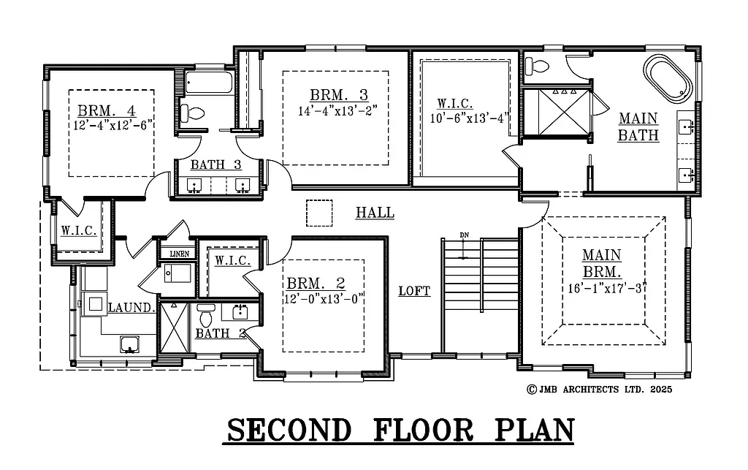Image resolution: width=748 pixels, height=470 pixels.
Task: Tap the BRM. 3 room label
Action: (x=338, y=95)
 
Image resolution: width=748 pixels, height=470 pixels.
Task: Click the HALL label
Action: (x=375, y=213)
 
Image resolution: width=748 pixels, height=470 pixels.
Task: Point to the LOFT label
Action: (x=414, y=291)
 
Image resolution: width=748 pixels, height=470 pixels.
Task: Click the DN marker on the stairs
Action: (x=464, y=235)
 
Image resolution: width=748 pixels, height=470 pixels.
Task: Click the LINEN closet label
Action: (x=178, y=254)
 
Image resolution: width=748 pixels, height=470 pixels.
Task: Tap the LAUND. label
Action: (x=132, y=308)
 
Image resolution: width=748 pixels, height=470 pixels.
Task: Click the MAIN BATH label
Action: (x=638, y=126)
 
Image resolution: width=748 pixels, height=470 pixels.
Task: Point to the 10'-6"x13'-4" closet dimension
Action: (x=470, y=118)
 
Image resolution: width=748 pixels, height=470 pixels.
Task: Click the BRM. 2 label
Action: (x=316, y=283)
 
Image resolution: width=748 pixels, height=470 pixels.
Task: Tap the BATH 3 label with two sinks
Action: (x=215, y=164)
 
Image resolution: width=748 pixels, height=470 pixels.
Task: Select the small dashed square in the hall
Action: (x=318, y=213)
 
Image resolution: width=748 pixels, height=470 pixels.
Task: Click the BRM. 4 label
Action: (x=107, y=111)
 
